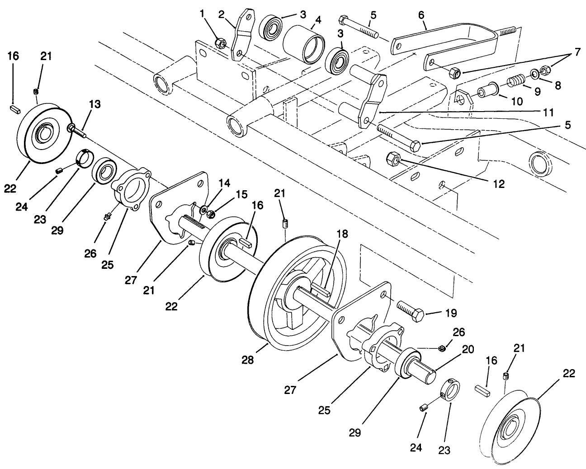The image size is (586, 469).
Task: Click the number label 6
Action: click(421, 14)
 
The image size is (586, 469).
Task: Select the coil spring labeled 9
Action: click(514, 81)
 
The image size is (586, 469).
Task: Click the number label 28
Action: click(248, 360)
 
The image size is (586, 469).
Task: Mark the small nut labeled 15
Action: click(210, 213)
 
